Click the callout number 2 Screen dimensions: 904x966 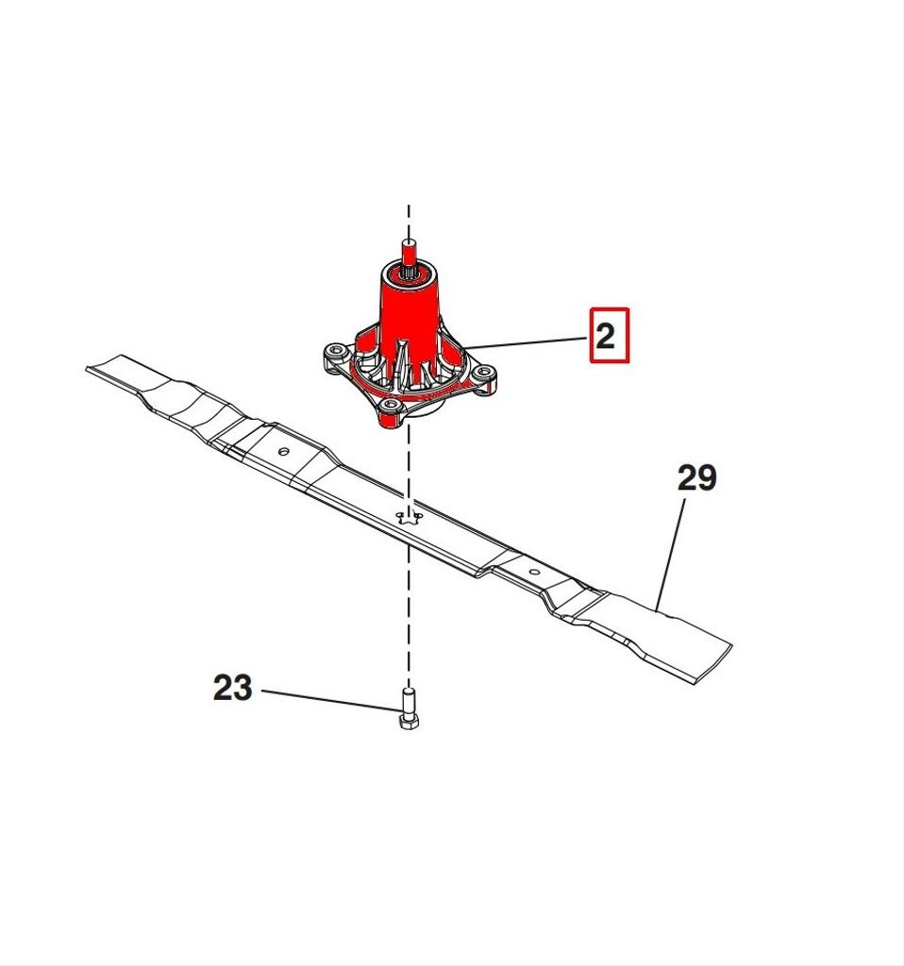click(x=606, y=337)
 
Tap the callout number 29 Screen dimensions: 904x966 click(x=697, y=478)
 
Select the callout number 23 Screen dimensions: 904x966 click(x=232, y=688)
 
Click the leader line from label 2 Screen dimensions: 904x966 click(x=526, y=343)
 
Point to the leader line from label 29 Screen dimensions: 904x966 click(x=671, y=555)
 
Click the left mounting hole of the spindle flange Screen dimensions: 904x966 click(x=336, y=351)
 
